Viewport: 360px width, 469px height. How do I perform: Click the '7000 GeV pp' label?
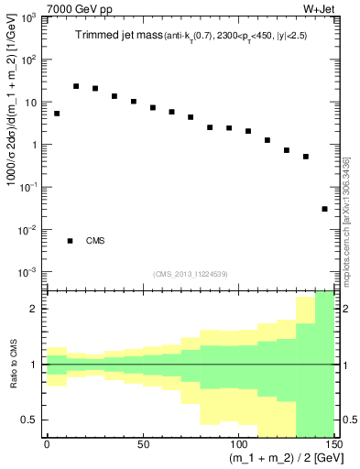click(x=39, y=8)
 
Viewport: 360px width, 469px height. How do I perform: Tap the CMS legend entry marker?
click(x=70, y=240)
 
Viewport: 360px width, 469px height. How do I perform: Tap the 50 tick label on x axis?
click(x=142, y=446)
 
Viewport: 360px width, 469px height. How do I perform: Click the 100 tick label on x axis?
click(x=237, y=446)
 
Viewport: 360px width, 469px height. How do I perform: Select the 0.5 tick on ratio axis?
click(x=32, y=420)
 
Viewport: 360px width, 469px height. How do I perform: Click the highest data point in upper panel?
click(x=76, y=86)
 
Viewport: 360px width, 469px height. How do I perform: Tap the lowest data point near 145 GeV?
click(x=324, y=209)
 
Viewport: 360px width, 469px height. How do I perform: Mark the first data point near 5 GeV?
click(x=57, y=114)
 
